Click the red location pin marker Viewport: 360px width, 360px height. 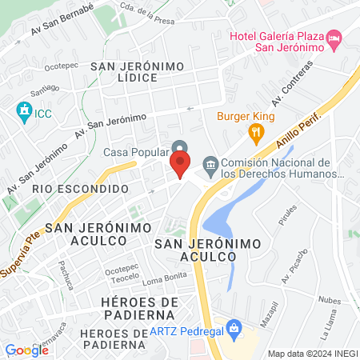pyautogui.click(x=180, y=166)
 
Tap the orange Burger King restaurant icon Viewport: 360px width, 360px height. pyautogui.click(x=256, y=133)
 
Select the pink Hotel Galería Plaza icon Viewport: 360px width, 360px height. pyautogui.click(x=335, y=38)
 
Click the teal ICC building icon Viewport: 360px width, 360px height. pyautogui.click(x=23, y=110)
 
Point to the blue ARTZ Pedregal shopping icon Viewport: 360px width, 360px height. pyautogui.click(x=234, y=328)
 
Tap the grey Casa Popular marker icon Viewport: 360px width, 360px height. pyautogui.click(x=181, y=148)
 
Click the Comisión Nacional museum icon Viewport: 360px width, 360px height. pyautogui.click(x=210, y=166)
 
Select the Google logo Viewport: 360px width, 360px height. pyautogui.click(x=26, y=350)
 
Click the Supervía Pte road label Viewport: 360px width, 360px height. pyautogui.click(x=22, y=252)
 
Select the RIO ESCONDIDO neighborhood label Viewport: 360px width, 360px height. pyautogui.click(x=82, y=189)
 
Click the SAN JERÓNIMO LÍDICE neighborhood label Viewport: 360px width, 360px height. pyautogui.click(x=138, y=72)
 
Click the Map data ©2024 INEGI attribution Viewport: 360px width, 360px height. pyautogui.click(x=311, y=353)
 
